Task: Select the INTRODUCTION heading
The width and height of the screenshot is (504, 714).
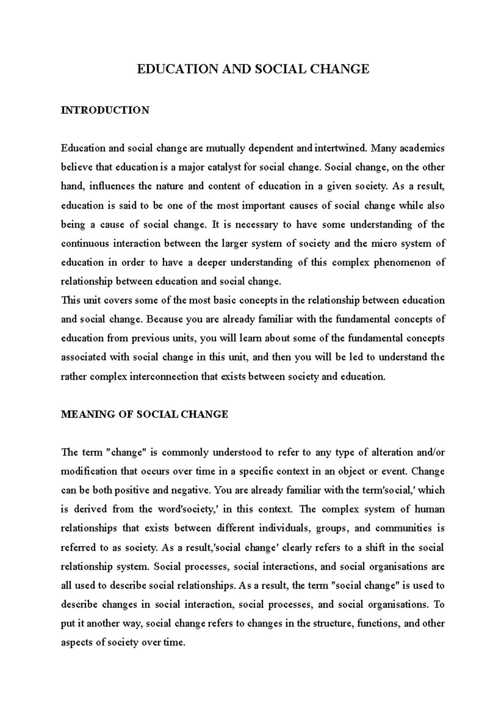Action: tap(105, 110)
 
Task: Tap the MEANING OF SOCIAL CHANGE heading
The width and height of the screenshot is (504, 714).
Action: tap(144, 414)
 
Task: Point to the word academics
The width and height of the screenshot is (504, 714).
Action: tap(420, 148)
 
